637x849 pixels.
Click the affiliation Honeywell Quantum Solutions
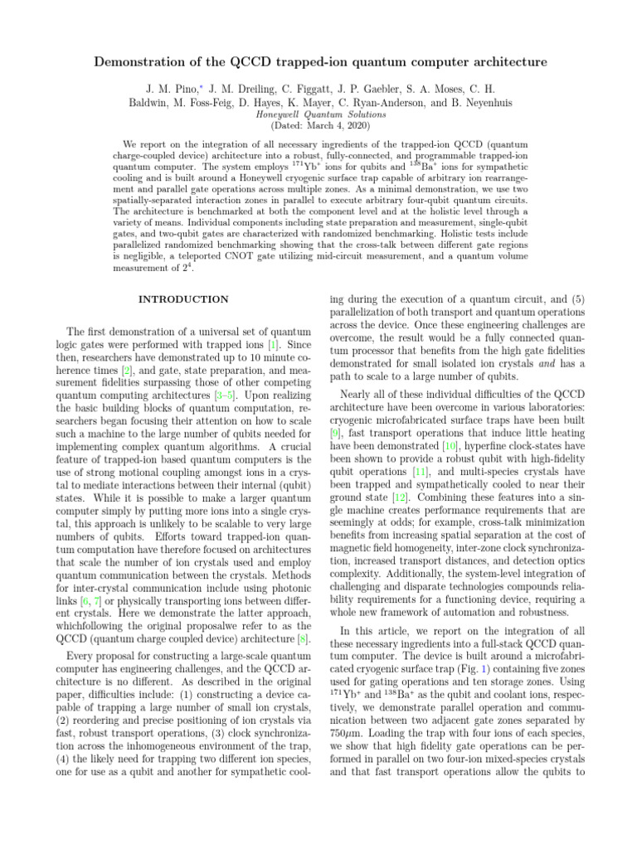pyautogui.click(x=318, y=114)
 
